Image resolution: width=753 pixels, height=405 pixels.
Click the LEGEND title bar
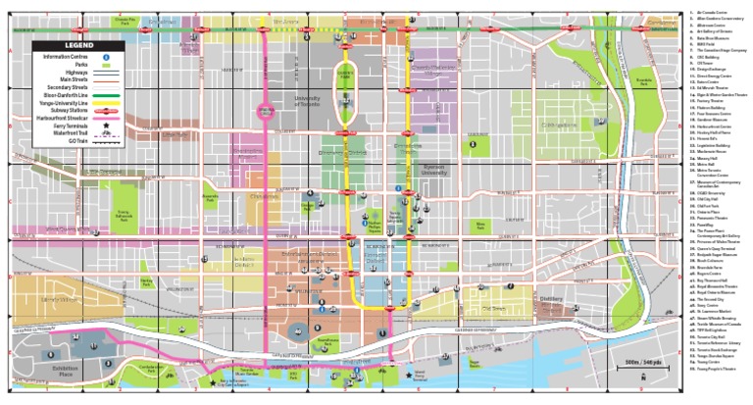75,45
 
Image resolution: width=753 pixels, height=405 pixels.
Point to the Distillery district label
550,299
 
